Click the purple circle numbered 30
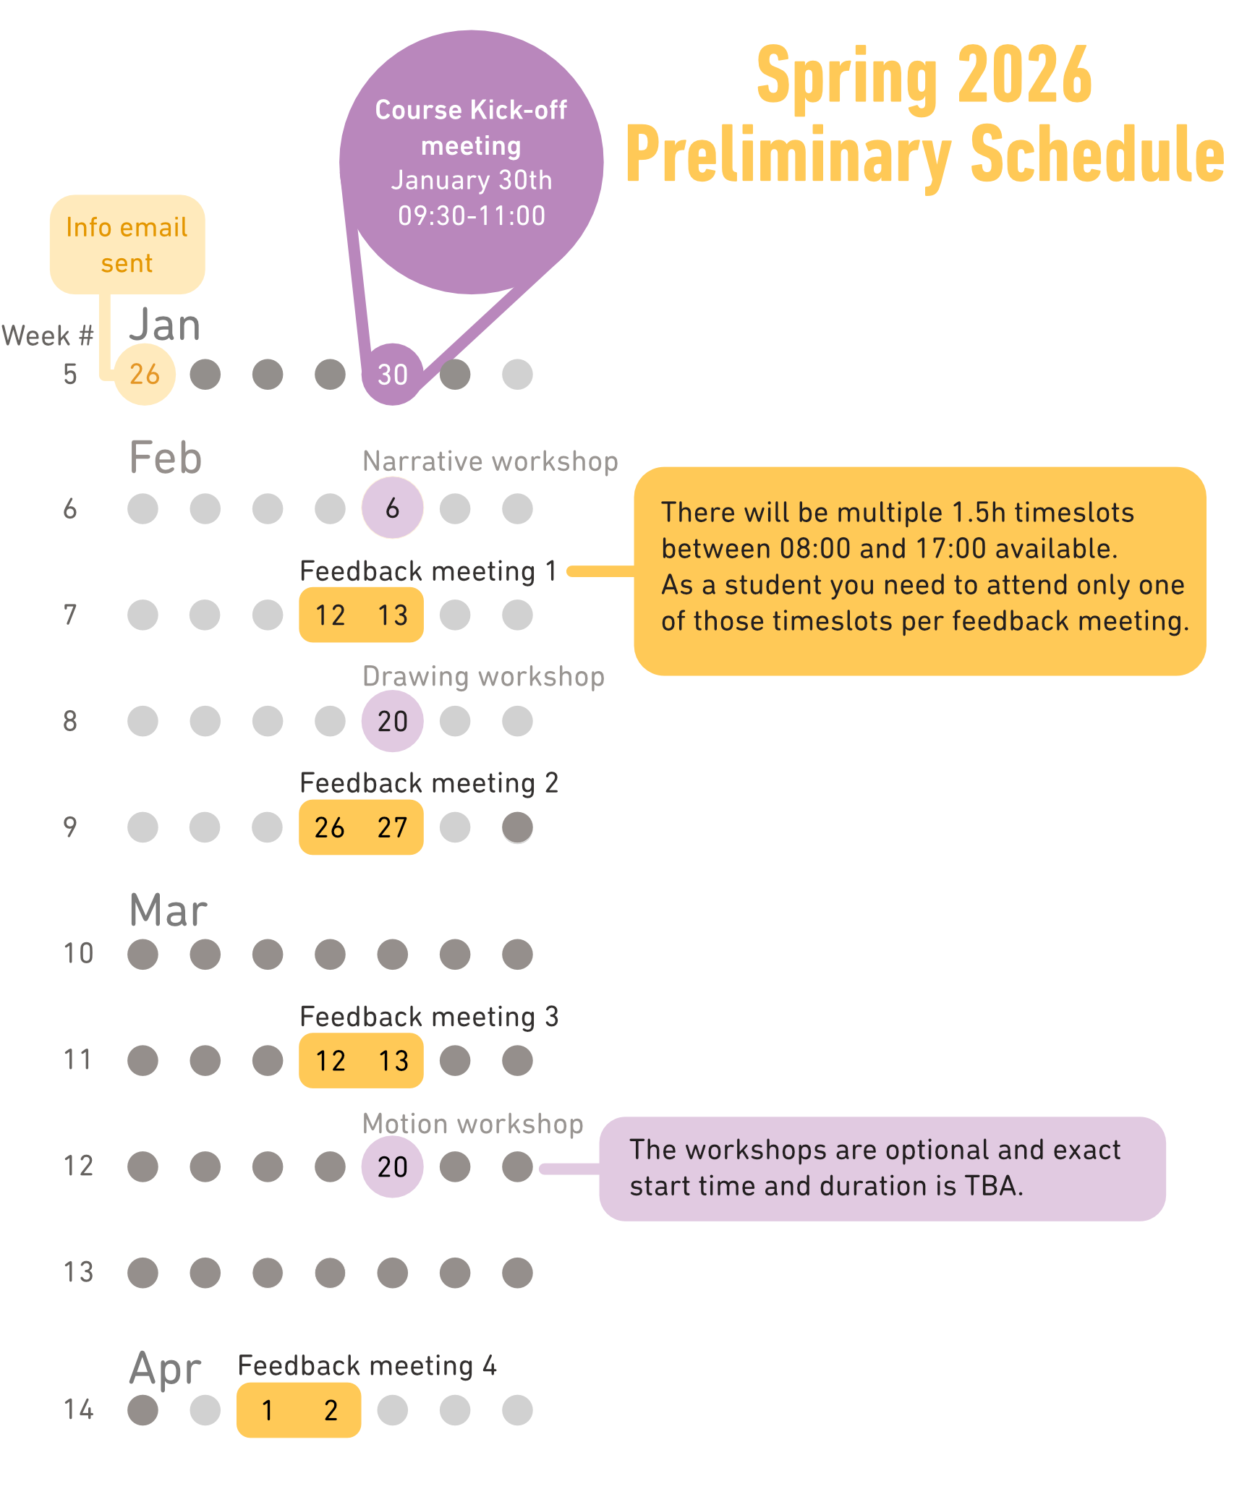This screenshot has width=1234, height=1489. [392, 374]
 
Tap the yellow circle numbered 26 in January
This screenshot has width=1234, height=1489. [145, 374]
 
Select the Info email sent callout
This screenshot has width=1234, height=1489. [127, 244]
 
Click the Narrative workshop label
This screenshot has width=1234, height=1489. [490, 461]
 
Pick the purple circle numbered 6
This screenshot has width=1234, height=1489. [392, 508]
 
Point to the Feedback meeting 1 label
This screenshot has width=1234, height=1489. [428, 571]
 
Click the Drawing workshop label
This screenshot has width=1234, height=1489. [483, 676]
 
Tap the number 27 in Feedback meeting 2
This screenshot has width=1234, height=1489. [393, 827]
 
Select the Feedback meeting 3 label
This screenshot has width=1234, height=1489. [429, 1017]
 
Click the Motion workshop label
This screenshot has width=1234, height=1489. [472, 1124]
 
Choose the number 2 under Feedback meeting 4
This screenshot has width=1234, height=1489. [331, 1410]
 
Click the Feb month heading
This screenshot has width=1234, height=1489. [165, 458]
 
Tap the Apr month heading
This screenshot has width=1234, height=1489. [165, 1368]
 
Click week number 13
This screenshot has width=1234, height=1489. [78, 1272]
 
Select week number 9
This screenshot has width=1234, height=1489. [70, 827]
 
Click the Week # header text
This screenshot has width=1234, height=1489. [48, 336]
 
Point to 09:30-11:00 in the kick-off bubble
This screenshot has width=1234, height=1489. [472, 216]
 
